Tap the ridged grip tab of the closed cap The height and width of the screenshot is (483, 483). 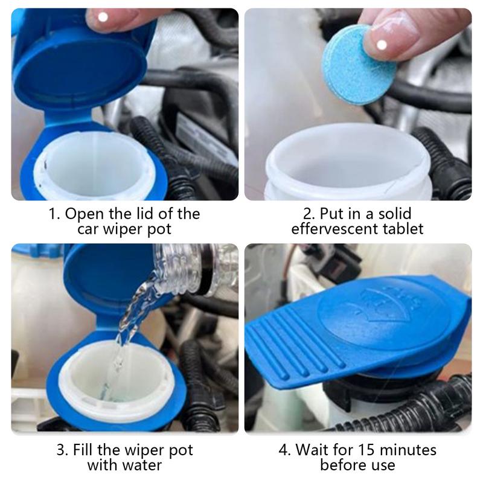point(289,353)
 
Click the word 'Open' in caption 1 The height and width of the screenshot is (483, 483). point(83,214)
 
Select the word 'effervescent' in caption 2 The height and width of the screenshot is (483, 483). point(337,229)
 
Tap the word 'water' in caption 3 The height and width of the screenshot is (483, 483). point(142,465)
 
